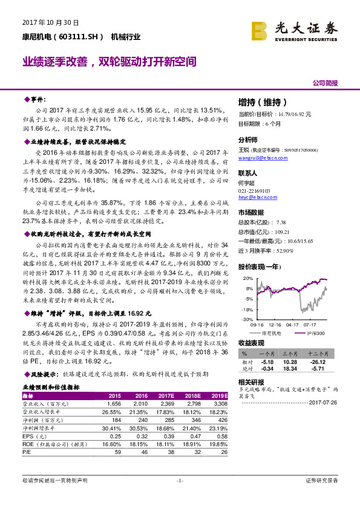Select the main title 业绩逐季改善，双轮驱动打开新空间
pos(110,62)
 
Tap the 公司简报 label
pos(325,83)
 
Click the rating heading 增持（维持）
pos(263,102)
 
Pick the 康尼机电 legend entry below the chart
pos(272,333)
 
